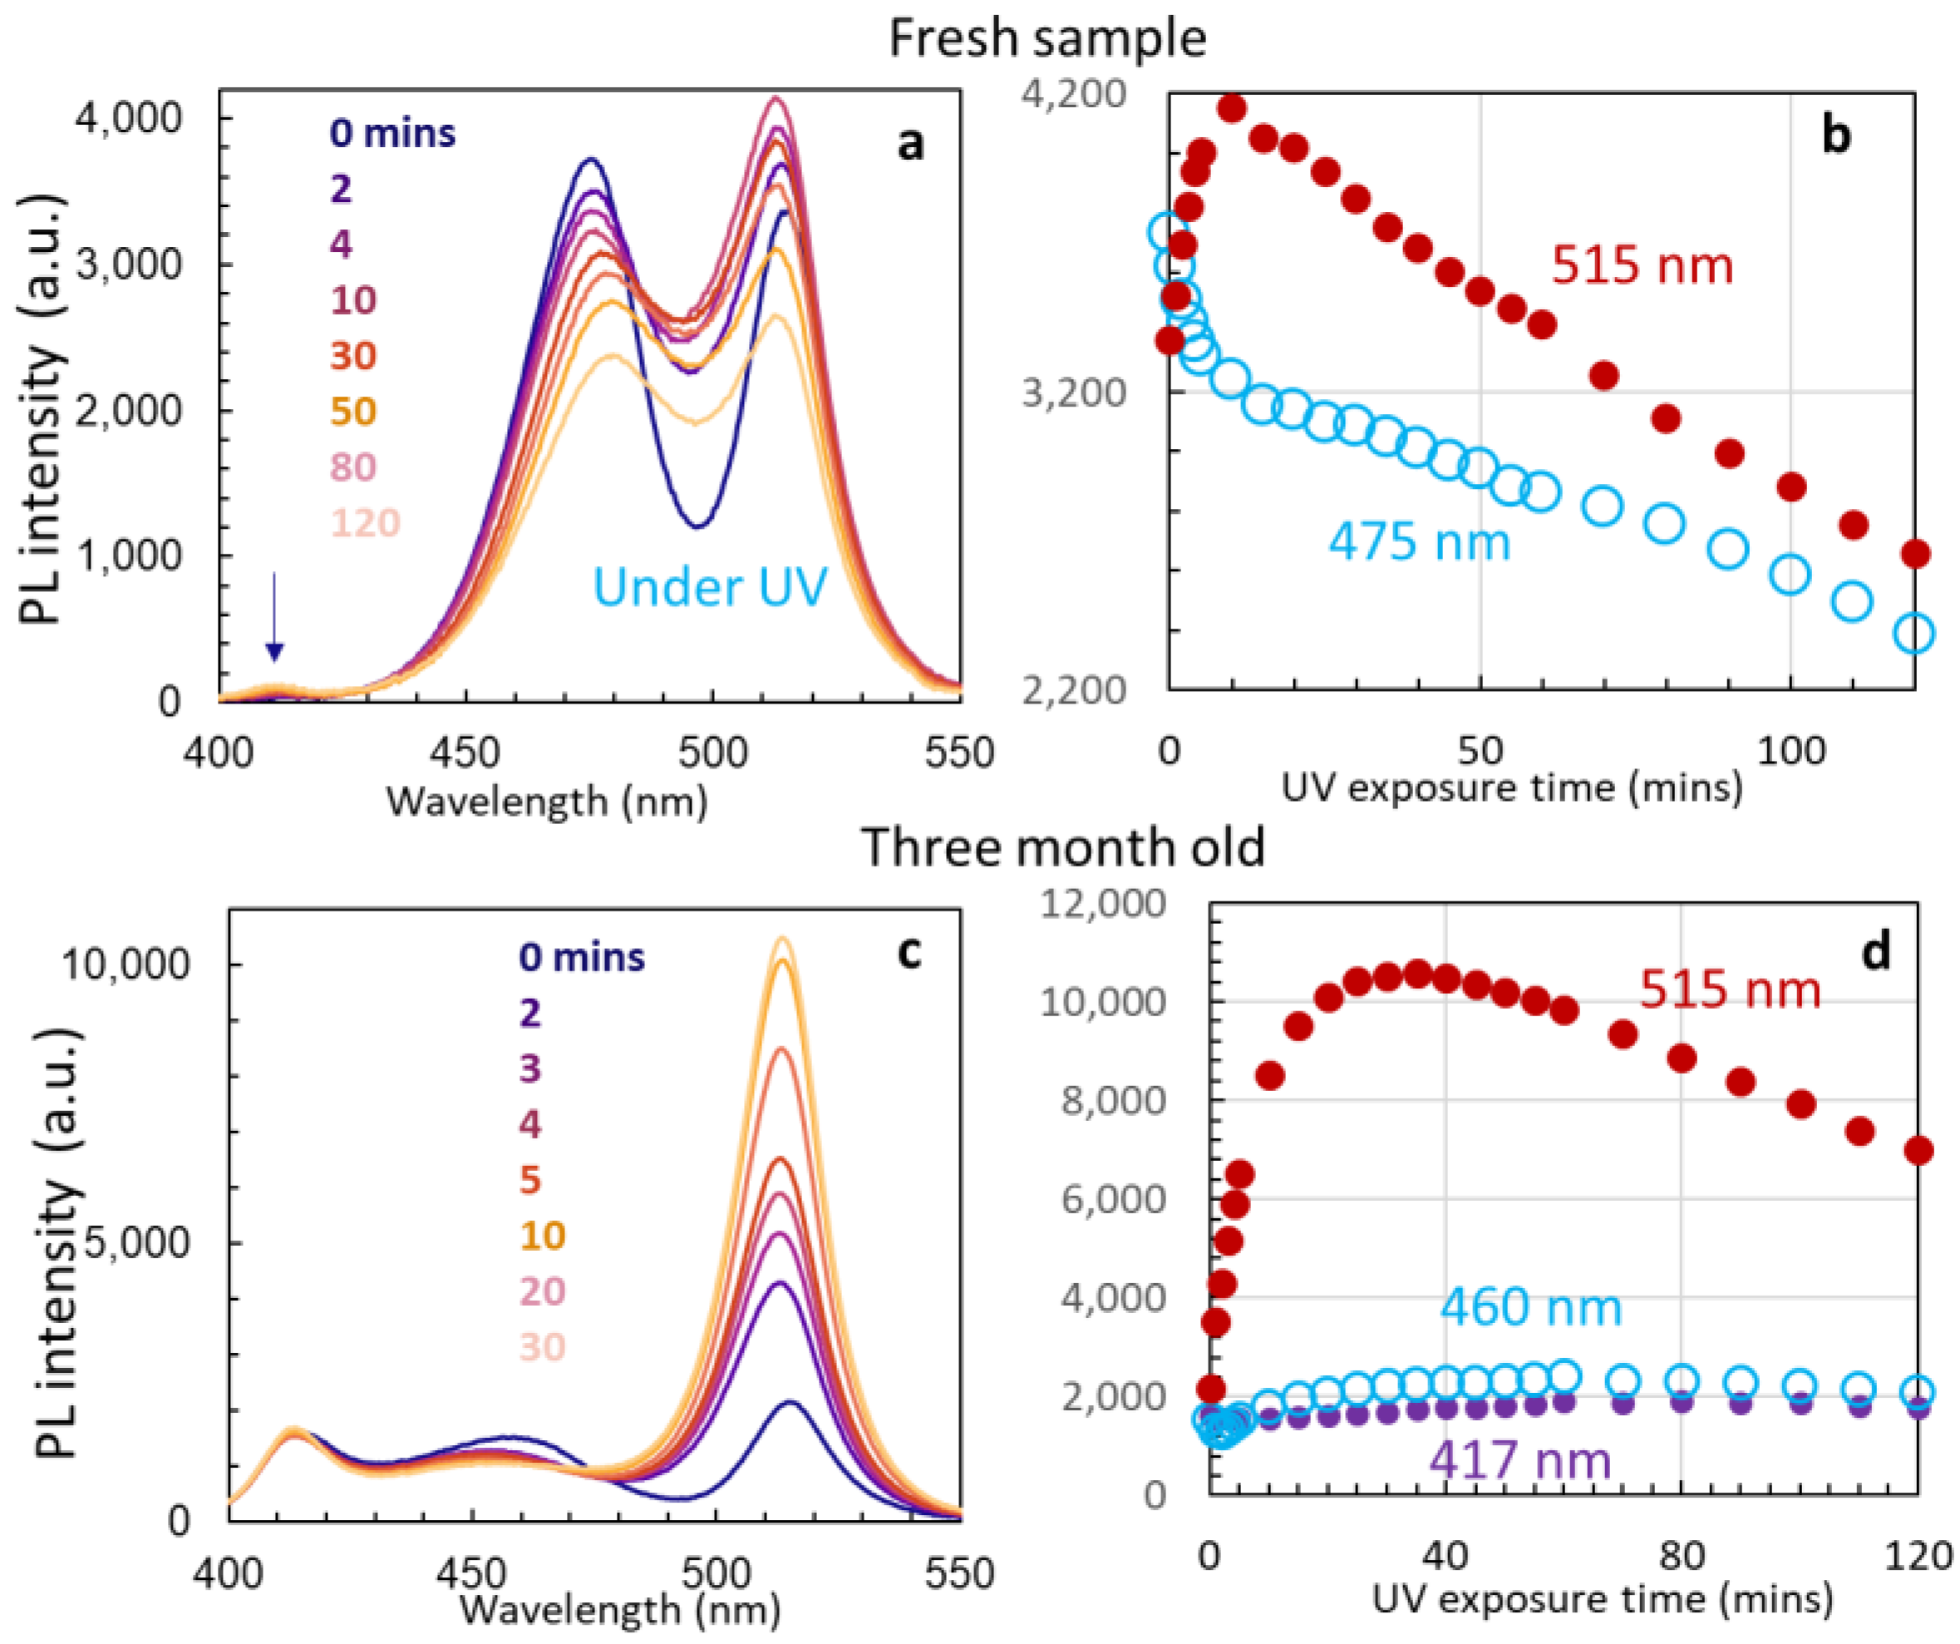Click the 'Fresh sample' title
pyautogui.click(x=1046, y=39)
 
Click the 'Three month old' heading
pyautogui.click(x=1063, y=847)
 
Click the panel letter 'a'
pyautogui.click(x=910, y=144)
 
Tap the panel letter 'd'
pyautogui.click(x=1875, y=951)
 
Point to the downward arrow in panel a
pyautogui.click(x=274, y=619)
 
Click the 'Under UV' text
pyautogui.click(x=710, y=587)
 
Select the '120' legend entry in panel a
pyautogui.click(x=365, y=523)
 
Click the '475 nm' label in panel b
pyautogui.click(x=1419, y=541)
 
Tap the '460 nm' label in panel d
pyautogui.click(x=1530, y=1307)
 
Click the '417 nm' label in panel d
pyautogui.click(x=1520, y=1460)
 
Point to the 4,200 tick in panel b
pyautogui.click(x=1074, y=94)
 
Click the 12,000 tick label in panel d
pyautogui.click(x=1103, y=904)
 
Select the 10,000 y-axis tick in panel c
pyautogui.click(x=125, y=965)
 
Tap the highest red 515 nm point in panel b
pyautogui.click(x=1232, y=108)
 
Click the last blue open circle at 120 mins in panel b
pyautogui.click(x=1914, y=634)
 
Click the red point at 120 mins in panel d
pyautogui.click(x=1918, y=1151)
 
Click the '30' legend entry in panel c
pyautogui.click(x=542, y=1347)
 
